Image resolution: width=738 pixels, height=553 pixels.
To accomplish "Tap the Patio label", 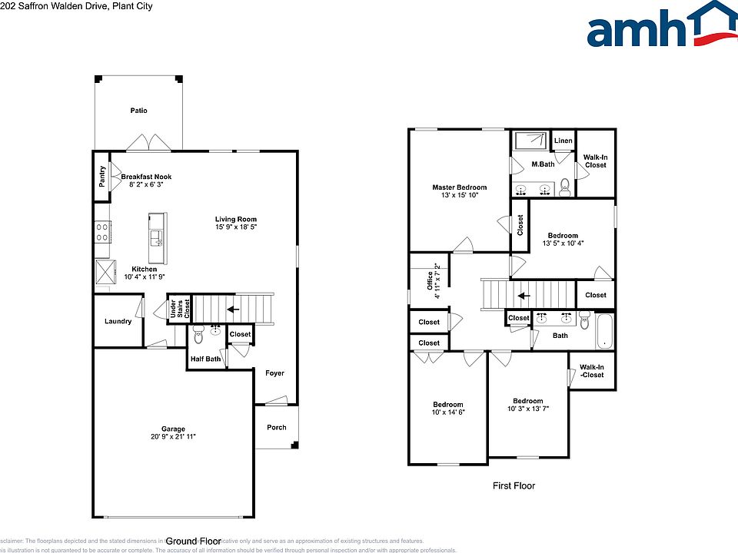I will [138, 111].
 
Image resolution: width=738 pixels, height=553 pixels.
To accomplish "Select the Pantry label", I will [101, 177].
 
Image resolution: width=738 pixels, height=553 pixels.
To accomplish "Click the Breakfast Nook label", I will [146, 177].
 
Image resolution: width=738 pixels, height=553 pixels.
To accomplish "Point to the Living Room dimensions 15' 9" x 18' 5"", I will [236, 227].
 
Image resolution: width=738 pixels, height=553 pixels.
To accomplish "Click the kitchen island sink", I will [157, 237].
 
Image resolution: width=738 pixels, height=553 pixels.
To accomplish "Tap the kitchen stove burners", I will [101, 232].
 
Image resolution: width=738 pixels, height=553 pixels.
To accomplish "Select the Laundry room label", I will [118, 321].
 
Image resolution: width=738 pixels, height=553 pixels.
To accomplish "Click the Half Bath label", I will [205, 359].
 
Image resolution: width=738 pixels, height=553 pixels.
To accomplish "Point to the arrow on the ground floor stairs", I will [233, 310].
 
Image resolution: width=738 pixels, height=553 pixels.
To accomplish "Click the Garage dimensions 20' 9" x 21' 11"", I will [173, 437].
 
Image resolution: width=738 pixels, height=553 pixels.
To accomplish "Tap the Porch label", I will [276, 428].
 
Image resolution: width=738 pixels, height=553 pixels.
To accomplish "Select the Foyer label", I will [274, 373].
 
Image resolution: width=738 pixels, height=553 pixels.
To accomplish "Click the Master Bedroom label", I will [459, 187].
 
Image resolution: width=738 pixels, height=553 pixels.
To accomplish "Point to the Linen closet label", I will [563, 141].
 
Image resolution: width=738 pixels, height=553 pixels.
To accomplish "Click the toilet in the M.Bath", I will [566, 185].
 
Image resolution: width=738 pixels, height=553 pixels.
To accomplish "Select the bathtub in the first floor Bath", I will [603, 331].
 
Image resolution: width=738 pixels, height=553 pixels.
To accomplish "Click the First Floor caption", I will [514, 485].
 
